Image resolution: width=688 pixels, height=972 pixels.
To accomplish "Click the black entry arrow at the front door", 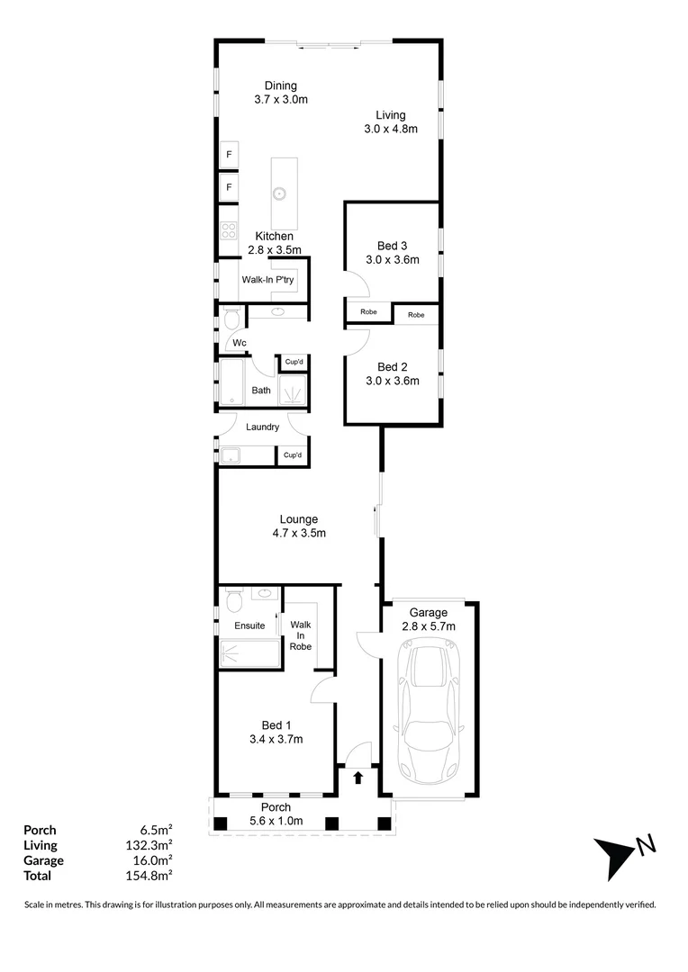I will pos(358,778).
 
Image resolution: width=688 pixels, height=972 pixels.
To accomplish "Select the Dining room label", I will pos(281,86).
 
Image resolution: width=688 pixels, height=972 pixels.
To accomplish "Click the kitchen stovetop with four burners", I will pos(229,230).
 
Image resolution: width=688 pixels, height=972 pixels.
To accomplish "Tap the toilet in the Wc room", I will pos(231,319).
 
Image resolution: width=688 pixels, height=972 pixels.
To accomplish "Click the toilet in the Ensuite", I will pos(234,599).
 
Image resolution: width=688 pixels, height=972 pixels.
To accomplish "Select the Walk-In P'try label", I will pos(267,280).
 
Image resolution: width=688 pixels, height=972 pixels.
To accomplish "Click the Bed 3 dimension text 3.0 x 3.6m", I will pos(392,260).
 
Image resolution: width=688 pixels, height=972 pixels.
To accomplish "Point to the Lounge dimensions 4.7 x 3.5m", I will pos(299,533).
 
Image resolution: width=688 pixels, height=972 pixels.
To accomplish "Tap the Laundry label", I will pos(262,427).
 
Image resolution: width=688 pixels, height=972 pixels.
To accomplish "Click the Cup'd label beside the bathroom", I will pos(293,362).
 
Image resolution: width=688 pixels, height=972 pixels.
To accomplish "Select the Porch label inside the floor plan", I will pos(276,807).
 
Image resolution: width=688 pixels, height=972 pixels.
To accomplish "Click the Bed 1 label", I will pos(276,725).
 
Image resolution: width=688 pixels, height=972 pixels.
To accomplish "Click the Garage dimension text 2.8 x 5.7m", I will pos(429,626).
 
